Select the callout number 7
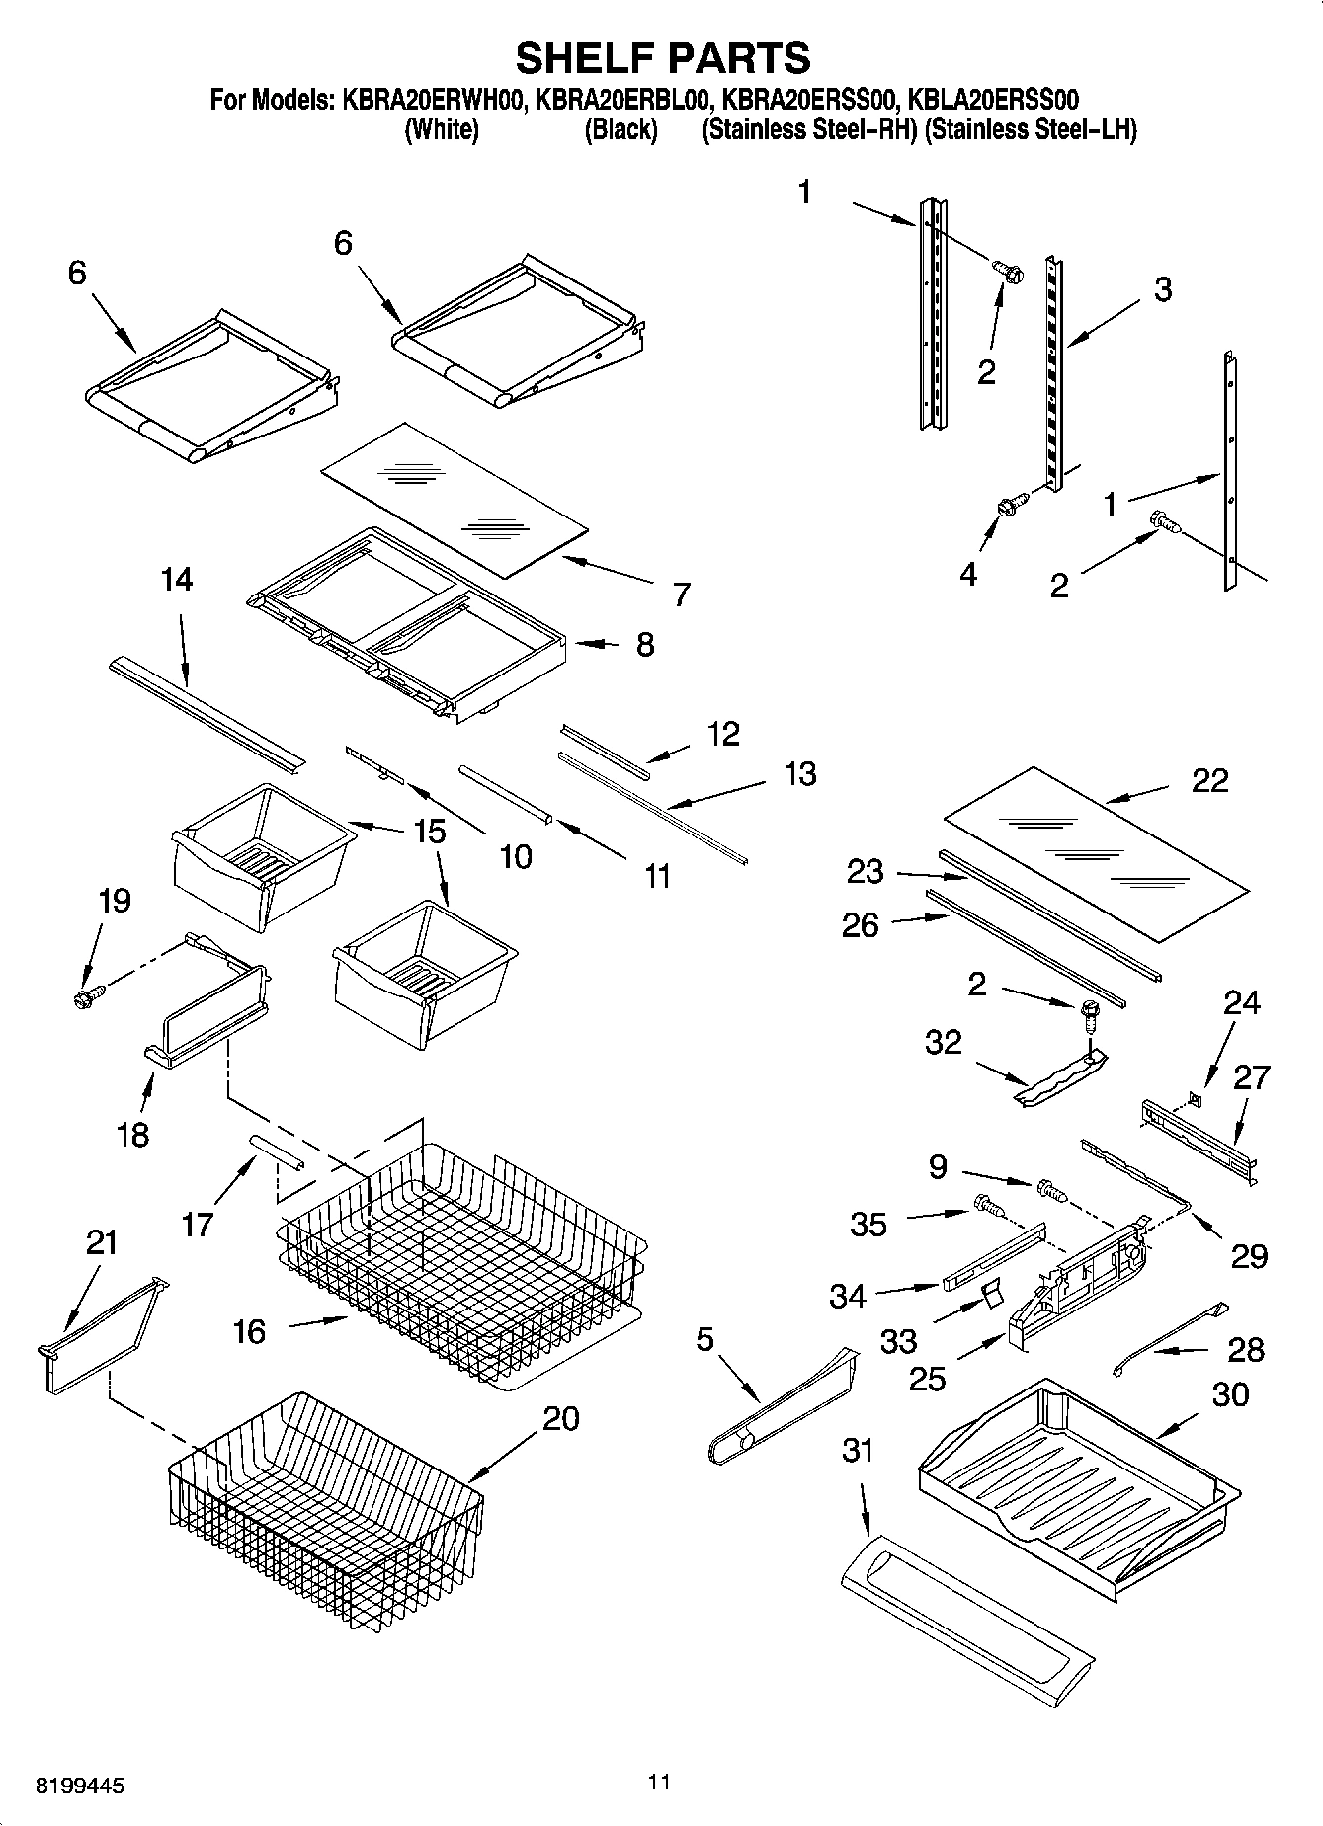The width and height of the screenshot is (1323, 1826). click(681, 594)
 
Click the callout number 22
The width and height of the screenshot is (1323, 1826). click(1209, 780)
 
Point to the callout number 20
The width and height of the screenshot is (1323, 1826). click(560, 1419)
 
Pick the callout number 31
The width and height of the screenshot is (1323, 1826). click(858, 1451)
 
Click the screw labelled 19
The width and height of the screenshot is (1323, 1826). click(87, 998)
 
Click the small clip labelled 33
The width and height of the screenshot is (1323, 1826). click(989, 1294)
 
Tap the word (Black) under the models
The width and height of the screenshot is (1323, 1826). click(620, 130)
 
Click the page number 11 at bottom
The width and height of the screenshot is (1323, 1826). click(660, 1782)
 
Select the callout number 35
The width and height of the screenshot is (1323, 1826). click(868, 1225)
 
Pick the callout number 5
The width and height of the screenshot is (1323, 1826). click(704, 1340)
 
